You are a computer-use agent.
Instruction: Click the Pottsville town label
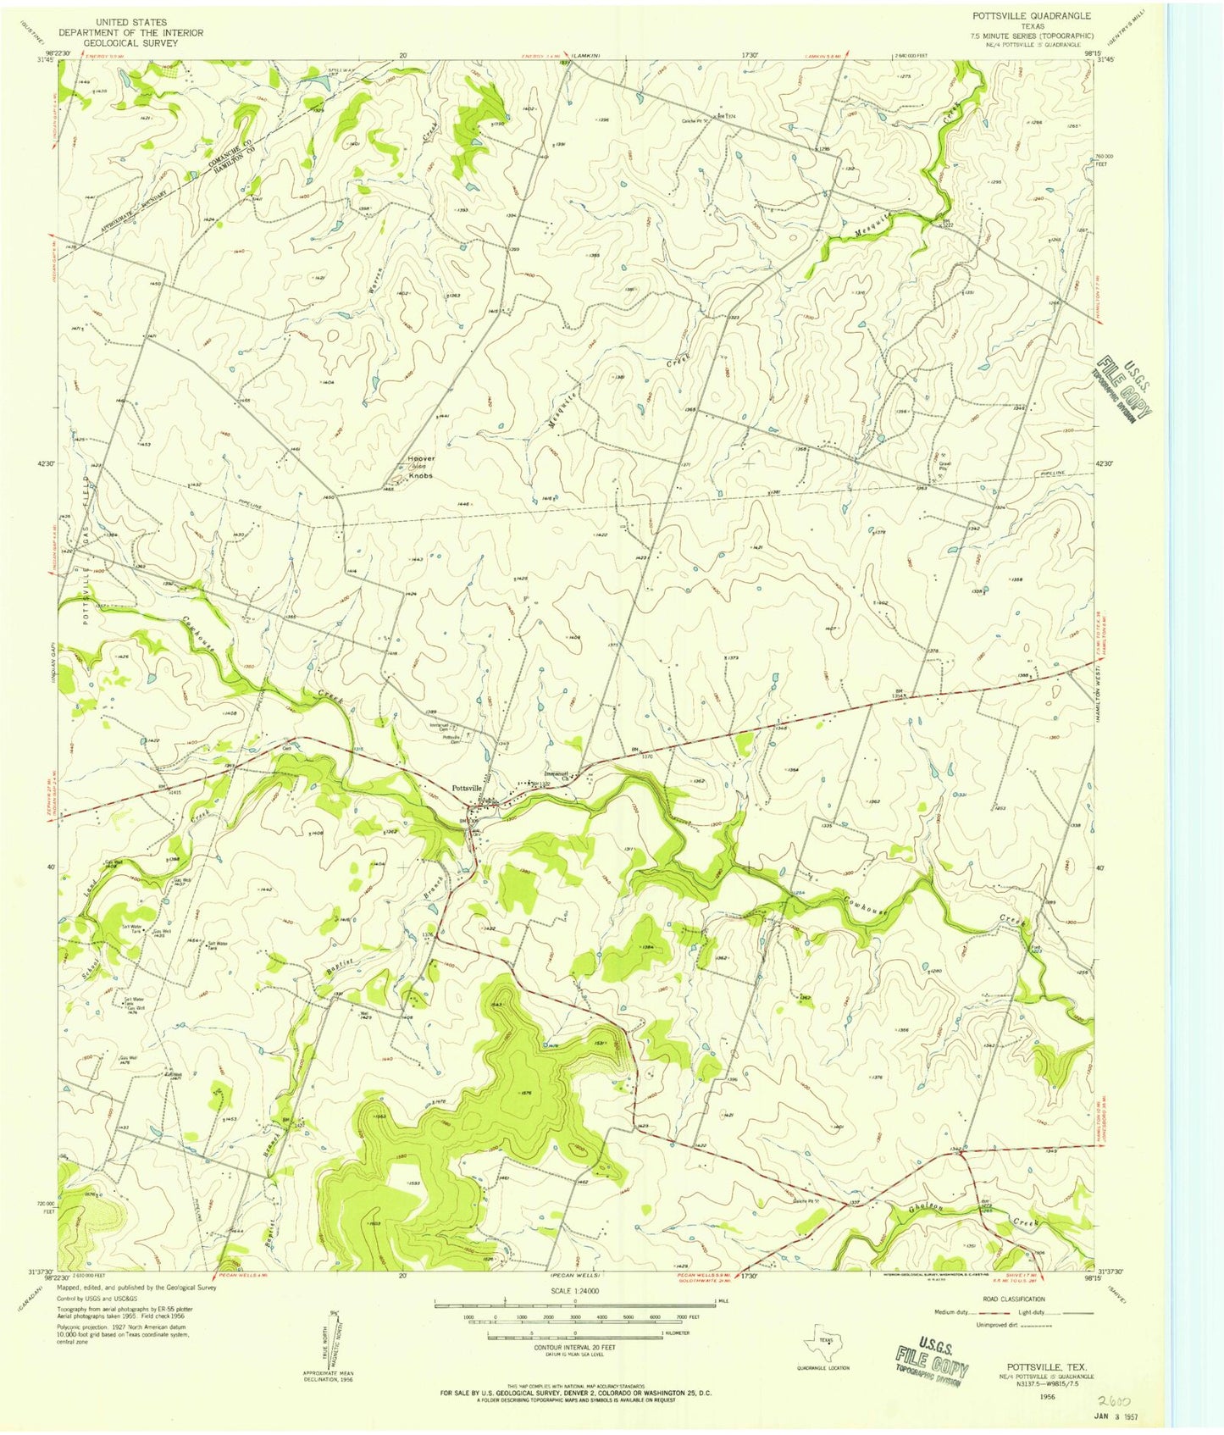pos(468,788)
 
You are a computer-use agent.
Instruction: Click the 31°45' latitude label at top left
pos(45,59)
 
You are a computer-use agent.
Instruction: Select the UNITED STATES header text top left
pos(130,21)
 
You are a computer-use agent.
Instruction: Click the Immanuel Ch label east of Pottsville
pos(555,773)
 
